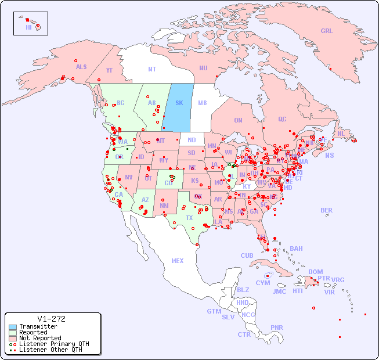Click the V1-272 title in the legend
[51, 319]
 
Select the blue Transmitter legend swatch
[12, 327]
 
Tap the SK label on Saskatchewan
[179, 103]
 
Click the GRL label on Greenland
[327, 31]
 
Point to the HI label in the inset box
[28, 27]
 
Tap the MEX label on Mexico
[177, 261]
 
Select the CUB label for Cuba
[247, 255]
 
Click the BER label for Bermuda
[326, 210]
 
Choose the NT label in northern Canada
[151, 69]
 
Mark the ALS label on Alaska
[81, 67]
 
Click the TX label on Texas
[189, 218]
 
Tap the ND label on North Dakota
[192, 140]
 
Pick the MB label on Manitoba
[202, 103]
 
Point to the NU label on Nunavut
[203, 68]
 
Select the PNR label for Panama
[277, 327]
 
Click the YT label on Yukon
[109, 70]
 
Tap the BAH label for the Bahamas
[296, 249]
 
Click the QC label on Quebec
[282, 119]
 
